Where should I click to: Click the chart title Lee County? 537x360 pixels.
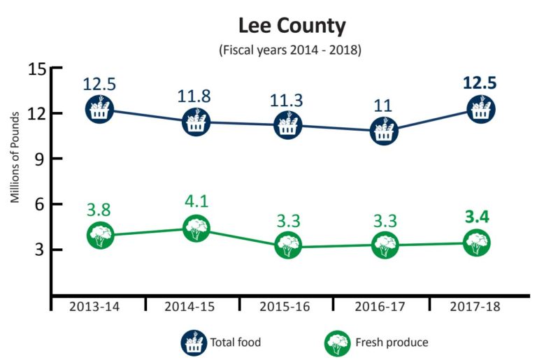291,27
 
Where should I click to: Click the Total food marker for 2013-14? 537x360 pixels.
100,108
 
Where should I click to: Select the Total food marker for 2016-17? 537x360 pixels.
384,130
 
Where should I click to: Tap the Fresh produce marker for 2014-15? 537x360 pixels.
196,229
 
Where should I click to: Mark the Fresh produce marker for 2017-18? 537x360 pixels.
478,243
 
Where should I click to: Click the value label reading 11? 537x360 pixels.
383,104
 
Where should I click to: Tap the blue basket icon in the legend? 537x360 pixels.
192,343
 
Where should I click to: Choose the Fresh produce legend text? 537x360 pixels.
392,343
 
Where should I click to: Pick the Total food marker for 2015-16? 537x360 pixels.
289,127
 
